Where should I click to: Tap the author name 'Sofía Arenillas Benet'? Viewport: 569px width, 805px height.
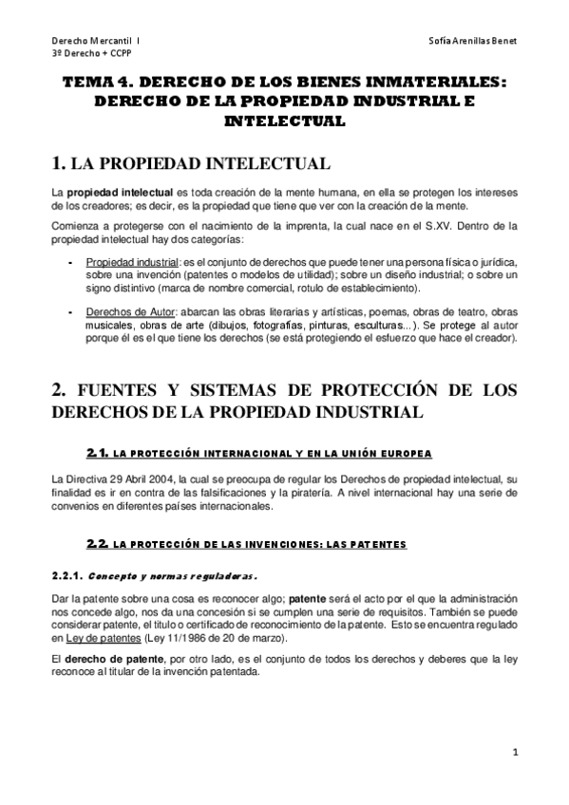point(473,43)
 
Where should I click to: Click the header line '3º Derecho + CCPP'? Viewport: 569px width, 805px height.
point(90,56)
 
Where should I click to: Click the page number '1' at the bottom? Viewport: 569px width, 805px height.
point(514,755)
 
